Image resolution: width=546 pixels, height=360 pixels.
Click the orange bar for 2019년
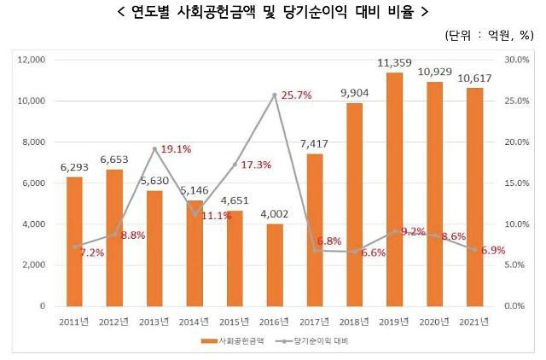(x=395, y=189)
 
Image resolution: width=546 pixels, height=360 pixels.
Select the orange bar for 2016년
(x=275, y=264)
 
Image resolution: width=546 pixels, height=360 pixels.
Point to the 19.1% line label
(x=175, y=149)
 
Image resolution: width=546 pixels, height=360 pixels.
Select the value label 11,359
(x=395, y=62)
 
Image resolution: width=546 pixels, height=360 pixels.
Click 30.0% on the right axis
(x=518, y=61)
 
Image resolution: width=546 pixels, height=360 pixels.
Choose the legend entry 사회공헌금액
(x=230, y=340)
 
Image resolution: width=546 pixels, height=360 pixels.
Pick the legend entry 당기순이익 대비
(x=328, y=340)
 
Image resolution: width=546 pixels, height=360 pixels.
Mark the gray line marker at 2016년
(x=275, y=96)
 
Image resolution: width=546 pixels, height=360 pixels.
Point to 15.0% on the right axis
(x=518, y=183)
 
